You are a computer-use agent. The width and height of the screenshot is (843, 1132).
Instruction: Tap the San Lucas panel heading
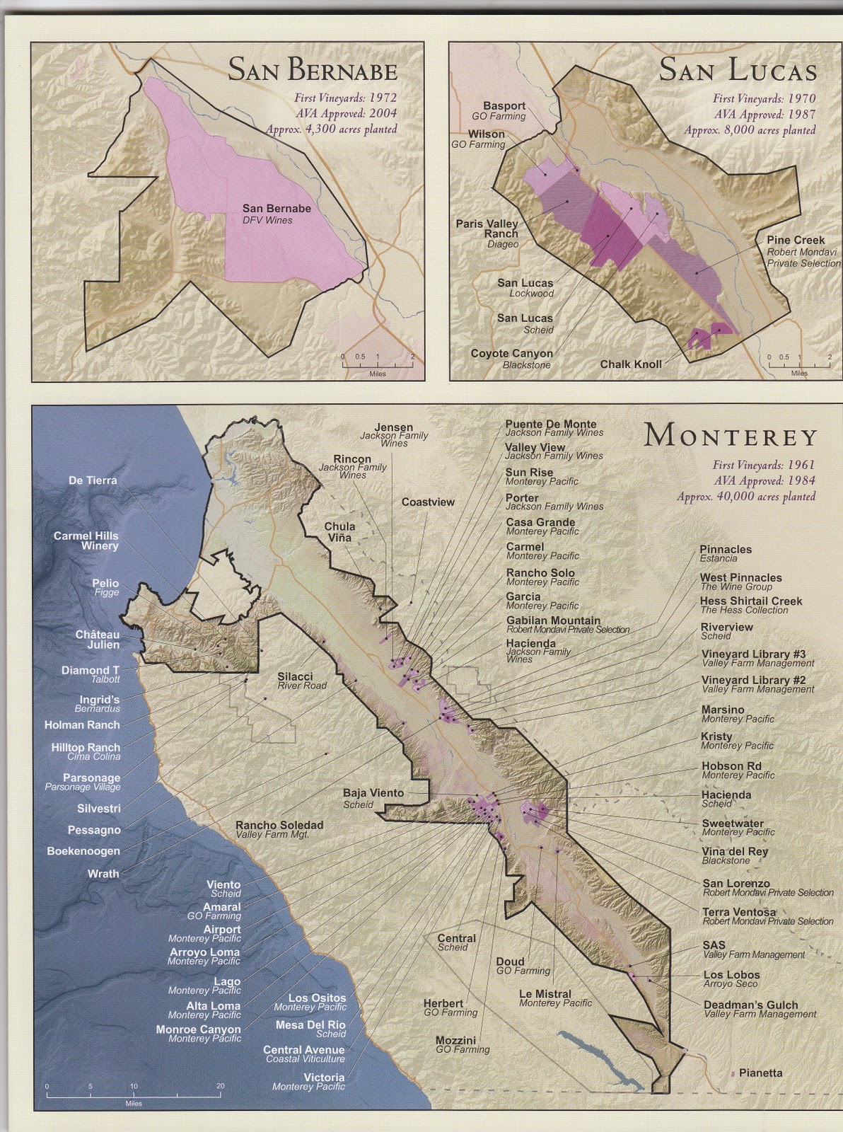[738, 70]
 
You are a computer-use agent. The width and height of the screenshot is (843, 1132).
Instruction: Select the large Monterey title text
[731, 437]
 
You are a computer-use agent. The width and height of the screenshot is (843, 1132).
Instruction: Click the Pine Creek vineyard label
[796, 241]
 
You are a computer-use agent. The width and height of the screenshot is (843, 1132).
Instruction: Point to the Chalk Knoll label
[631, 364]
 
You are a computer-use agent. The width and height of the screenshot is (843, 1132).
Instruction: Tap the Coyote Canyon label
[512, 354]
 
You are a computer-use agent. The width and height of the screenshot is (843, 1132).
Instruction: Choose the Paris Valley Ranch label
[487, 229]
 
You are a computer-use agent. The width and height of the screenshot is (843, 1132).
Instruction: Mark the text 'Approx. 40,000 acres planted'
[746, 497]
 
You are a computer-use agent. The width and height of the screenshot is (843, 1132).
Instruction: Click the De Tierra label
[93, 481]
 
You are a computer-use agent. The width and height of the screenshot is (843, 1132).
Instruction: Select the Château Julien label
[98, 640]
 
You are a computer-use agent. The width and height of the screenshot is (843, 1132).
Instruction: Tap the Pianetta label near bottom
[760, 1073]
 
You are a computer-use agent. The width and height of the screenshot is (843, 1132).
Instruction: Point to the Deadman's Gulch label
[750, 1005]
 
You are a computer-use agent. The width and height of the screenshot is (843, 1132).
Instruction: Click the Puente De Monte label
[551, 424]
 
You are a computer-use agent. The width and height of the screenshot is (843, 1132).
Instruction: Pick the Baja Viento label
[373, 793]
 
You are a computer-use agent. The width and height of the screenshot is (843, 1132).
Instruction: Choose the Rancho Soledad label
[279, 825]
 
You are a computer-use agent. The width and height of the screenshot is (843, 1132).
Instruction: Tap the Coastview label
[428, 502]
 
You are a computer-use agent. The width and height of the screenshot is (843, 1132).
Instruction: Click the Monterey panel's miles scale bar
[134, 1095]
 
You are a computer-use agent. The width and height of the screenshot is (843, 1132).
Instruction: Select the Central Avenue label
[304, 1050]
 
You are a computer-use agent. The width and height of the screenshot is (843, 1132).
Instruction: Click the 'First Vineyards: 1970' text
[764, 99]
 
